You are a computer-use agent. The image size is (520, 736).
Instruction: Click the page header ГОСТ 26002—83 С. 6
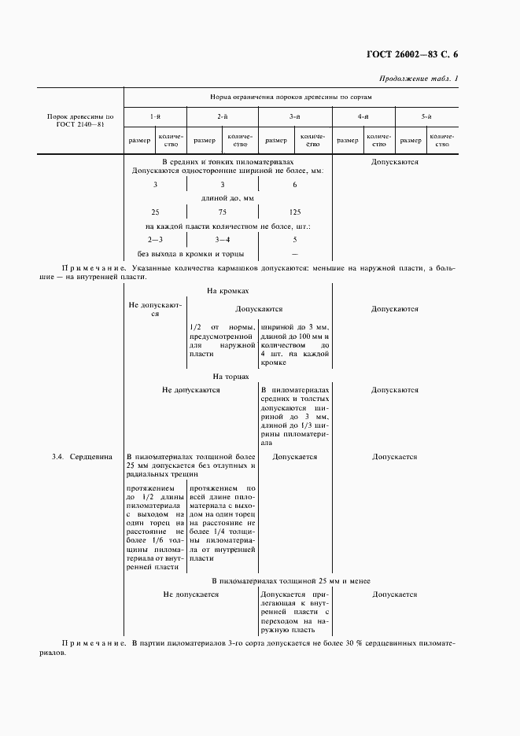[411, 54]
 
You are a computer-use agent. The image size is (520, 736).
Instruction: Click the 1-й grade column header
[155, 116]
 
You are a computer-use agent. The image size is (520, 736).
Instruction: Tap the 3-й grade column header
[295, 116]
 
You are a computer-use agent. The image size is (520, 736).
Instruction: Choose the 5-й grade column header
[426, 116]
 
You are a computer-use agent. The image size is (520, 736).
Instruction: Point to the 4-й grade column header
[363, 116]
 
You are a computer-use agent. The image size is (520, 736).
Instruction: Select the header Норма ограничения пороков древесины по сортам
[290, 98]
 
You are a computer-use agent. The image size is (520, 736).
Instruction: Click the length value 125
[295, 212]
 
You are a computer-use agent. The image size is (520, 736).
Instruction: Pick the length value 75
[223, 212]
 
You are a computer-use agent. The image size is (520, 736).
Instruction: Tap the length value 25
[155, 212]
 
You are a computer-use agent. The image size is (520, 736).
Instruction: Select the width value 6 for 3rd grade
[295, 184]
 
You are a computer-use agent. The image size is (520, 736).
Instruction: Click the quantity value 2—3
[155, 239]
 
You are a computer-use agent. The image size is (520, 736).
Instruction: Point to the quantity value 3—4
[223, 239]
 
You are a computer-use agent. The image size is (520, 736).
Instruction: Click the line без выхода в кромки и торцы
[190, 253]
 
